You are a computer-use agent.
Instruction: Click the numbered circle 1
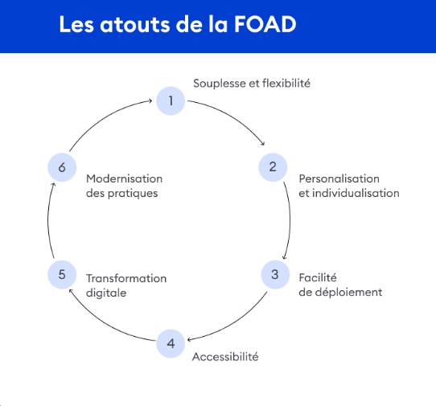tap(171, 100)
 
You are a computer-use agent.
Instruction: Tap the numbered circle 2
tap(273, 167)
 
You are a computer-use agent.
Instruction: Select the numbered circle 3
tap(275, 275)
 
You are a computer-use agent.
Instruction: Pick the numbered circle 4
tap(171, 344)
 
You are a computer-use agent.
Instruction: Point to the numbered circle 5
tap(62, 275)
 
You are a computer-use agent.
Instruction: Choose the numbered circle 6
tap(62, 167)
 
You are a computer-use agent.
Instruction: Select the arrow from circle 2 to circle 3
tap(290, 221)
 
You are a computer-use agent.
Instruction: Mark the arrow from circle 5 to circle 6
tap(47, 219)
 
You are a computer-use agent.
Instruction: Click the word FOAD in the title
tap(265, 24)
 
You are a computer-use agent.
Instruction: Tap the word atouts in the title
tap(135, 24)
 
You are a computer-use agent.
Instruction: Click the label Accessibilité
tap(225, 356)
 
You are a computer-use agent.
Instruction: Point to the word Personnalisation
tap(339, 178)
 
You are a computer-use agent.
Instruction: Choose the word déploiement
tap(349, 293)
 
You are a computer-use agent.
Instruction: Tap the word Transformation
tap(126, 278)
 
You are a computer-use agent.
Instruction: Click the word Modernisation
tap(125, 178)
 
